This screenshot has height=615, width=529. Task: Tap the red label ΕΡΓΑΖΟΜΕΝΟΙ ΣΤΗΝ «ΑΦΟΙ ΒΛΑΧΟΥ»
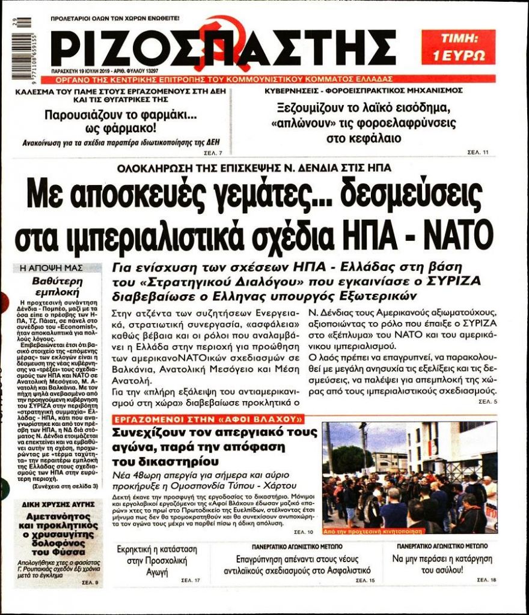pyautogui.click(x=208, y=419)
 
